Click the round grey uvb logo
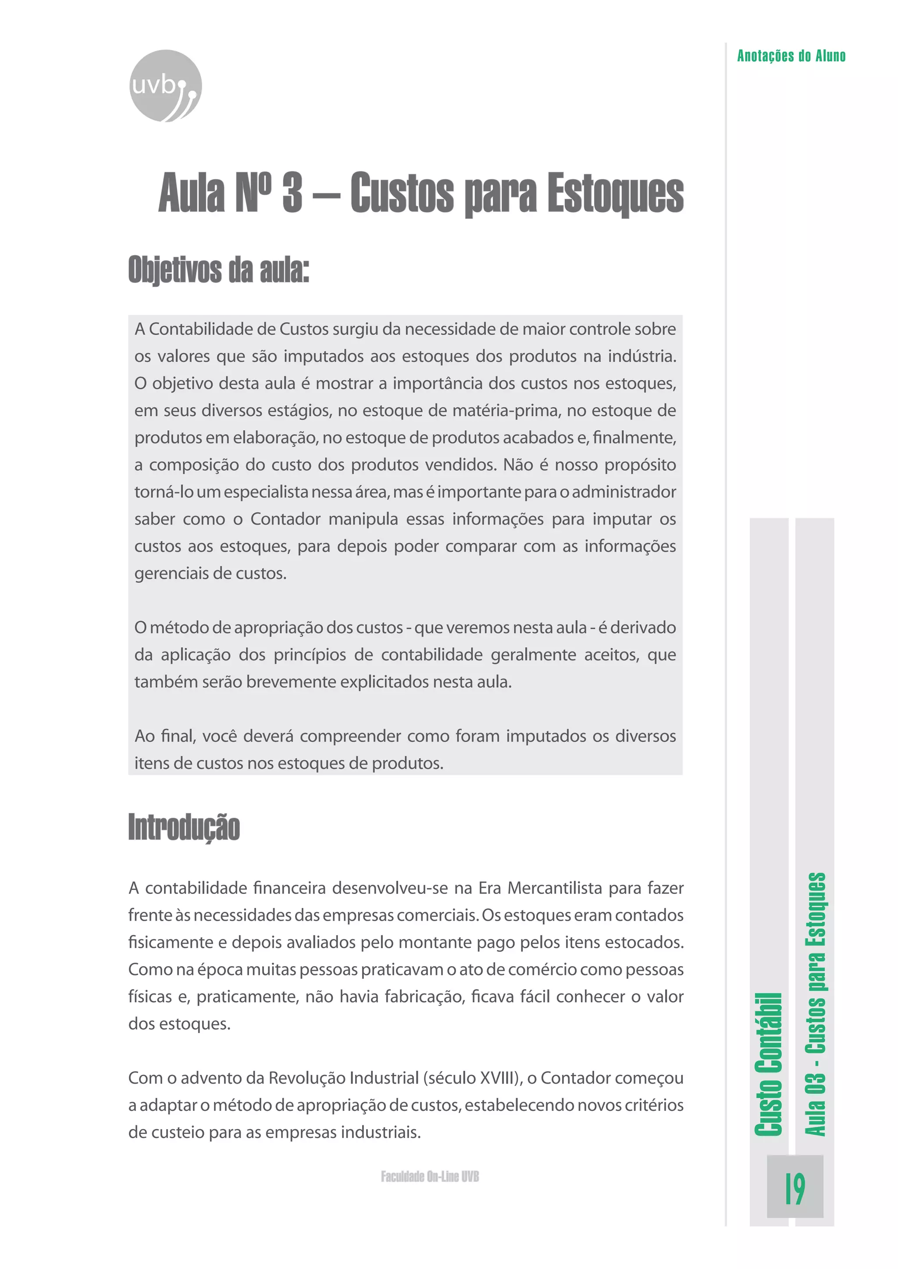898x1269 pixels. [x=165, y=86]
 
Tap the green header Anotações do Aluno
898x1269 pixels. [x=791, y=56]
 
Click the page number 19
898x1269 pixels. [x=795, y=1189]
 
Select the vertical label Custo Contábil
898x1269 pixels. [x=769, y=1064]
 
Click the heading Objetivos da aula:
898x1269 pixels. [x=218, y=270]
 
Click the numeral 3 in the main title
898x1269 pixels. [x=292, y=193]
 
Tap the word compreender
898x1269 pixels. [x=351, y=736]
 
